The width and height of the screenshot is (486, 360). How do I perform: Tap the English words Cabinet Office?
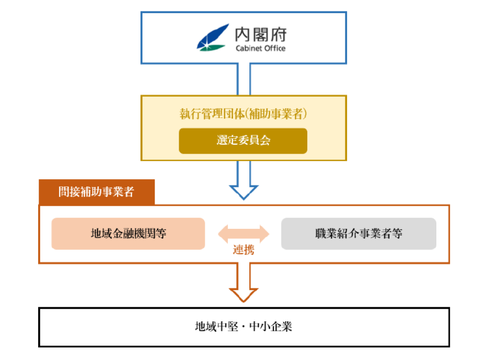(x=260, y=49)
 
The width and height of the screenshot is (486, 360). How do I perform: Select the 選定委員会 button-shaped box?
(x=243, y=141)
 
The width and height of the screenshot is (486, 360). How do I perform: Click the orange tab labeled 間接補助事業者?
(x=96, y=192)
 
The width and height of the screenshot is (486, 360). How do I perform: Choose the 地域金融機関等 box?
(x=128, y=234)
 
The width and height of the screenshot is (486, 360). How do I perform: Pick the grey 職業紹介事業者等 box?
(x=358, y=234)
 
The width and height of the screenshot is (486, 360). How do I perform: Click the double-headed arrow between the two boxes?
(x=243, y=233)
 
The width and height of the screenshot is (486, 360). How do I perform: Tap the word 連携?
(x=243, y=250)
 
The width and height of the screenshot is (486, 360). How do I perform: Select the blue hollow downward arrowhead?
(x=244, y=191)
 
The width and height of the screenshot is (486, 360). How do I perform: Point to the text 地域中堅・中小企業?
(x=244, y=327)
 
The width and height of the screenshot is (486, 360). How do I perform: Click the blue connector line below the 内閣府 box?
(x=244, y=79)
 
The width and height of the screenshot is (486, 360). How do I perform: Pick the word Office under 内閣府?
(x=275, y=49)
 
